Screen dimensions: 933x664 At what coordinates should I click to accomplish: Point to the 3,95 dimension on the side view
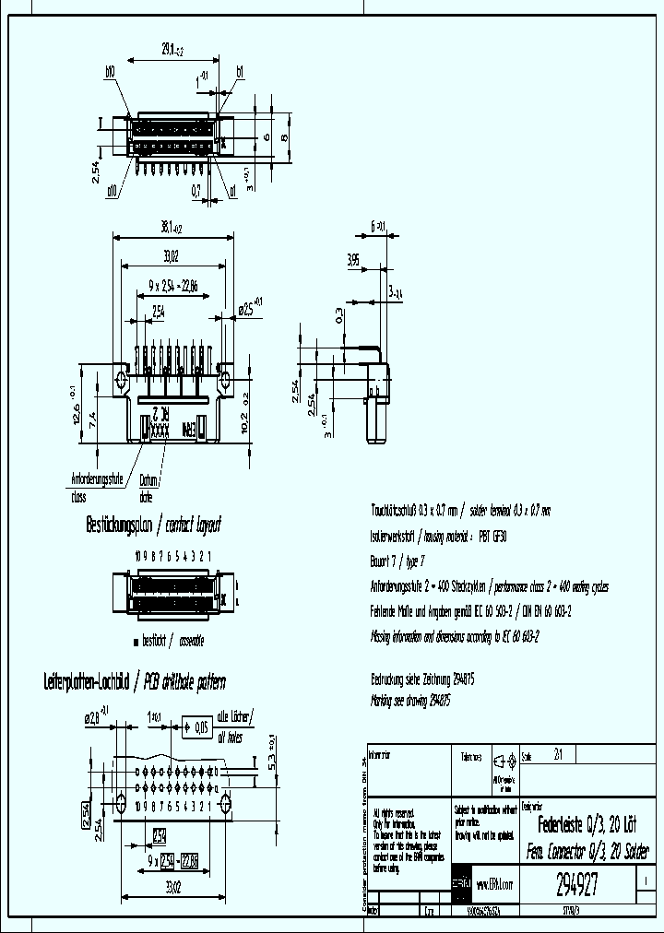(353, 260)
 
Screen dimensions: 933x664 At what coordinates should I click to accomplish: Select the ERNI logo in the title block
(461, 883)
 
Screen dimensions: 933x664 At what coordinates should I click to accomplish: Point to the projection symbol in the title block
(504, 762)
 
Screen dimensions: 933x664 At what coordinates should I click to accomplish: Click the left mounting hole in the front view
(122, 380)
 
